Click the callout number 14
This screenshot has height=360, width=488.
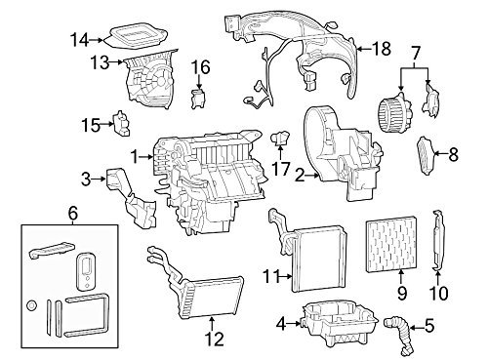coord(79,41)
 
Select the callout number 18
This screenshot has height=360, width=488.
coord(382,49)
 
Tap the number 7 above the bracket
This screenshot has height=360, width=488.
coord(416,53)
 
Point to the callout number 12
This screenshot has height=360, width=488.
coord(215,339)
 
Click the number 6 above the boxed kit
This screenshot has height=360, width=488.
coord(73,214)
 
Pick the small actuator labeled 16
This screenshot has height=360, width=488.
coord(199,99)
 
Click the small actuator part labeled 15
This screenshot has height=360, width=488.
coord(122,123)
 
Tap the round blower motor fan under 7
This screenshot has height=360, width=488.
coord(394,109)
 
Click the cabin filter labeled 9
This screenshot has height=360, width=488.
coord(391,246)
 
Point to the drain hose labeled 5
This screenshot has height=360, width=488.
coord(399,335)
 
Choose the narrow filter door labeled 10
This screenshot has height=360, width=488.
coord(437,240)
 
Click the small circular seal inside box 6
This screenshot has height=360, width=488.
coord(31,305)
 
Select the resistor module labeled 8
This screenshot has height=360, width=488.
coord(426,156)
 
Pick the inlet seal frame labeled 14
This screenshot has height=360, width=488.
coord(138,36)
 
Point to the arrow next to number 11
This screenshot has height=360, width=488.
coord(286,277)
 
